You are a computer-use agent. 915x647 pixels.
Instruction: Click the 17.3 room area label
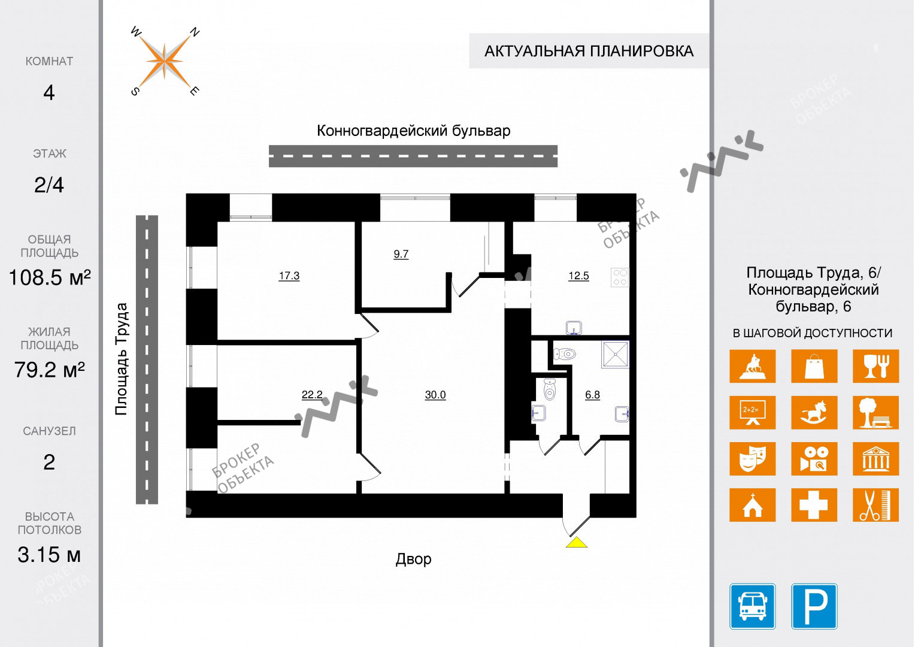(x=289, y=276)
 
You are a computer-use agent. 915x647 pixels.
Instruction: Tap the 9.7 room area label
(x=401, y=254)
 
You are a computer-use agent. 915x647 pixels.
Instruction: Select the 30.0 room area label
(x=435, y=395)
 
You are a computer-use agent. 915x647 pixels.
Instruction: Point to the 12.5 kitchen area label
(x=578, y=276)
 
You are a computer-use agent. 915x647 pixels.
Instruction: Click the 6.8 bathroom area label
(x=592, y=395)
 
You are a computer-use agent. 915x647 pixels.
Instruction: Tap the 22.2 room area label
(x=311, y=395)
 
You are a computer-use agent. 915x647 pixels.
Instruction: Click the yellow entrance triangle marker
(x=576, y=543)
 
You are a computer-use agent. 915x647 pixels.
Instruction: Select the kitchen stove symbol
(x=620, y=277)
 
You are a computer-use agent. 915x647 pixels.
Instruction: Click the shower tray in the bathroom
(x=616, y=354)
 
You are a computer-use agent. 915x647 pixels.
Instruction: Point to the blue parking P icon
(x=814, y=606)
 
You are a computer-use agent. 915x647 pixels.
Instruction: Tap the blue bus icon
(x=752, y=606)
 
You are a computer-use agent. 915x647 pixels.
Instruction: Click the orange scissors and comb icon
(x=875, y=505)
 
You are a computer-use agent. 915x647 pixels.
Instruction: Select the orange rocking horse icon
(x=814, y=413)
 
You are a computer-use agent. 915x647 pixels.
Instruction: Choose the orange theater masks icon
(x=752, y=459)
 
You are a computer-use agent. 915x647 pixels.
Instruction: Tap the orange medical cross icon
(x=814, y=505)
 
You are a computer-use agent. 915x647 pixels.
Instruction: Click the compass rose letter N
(x=194, y=32)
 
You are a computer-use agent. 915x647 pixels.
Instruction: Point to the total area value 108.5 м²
(x=49, y=278)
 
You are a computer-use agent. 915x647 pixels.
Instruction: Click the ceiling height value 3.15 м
(x=49, y=555)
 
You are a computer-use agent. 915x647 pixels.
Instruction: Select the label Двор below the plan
(x=413, y=559)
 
